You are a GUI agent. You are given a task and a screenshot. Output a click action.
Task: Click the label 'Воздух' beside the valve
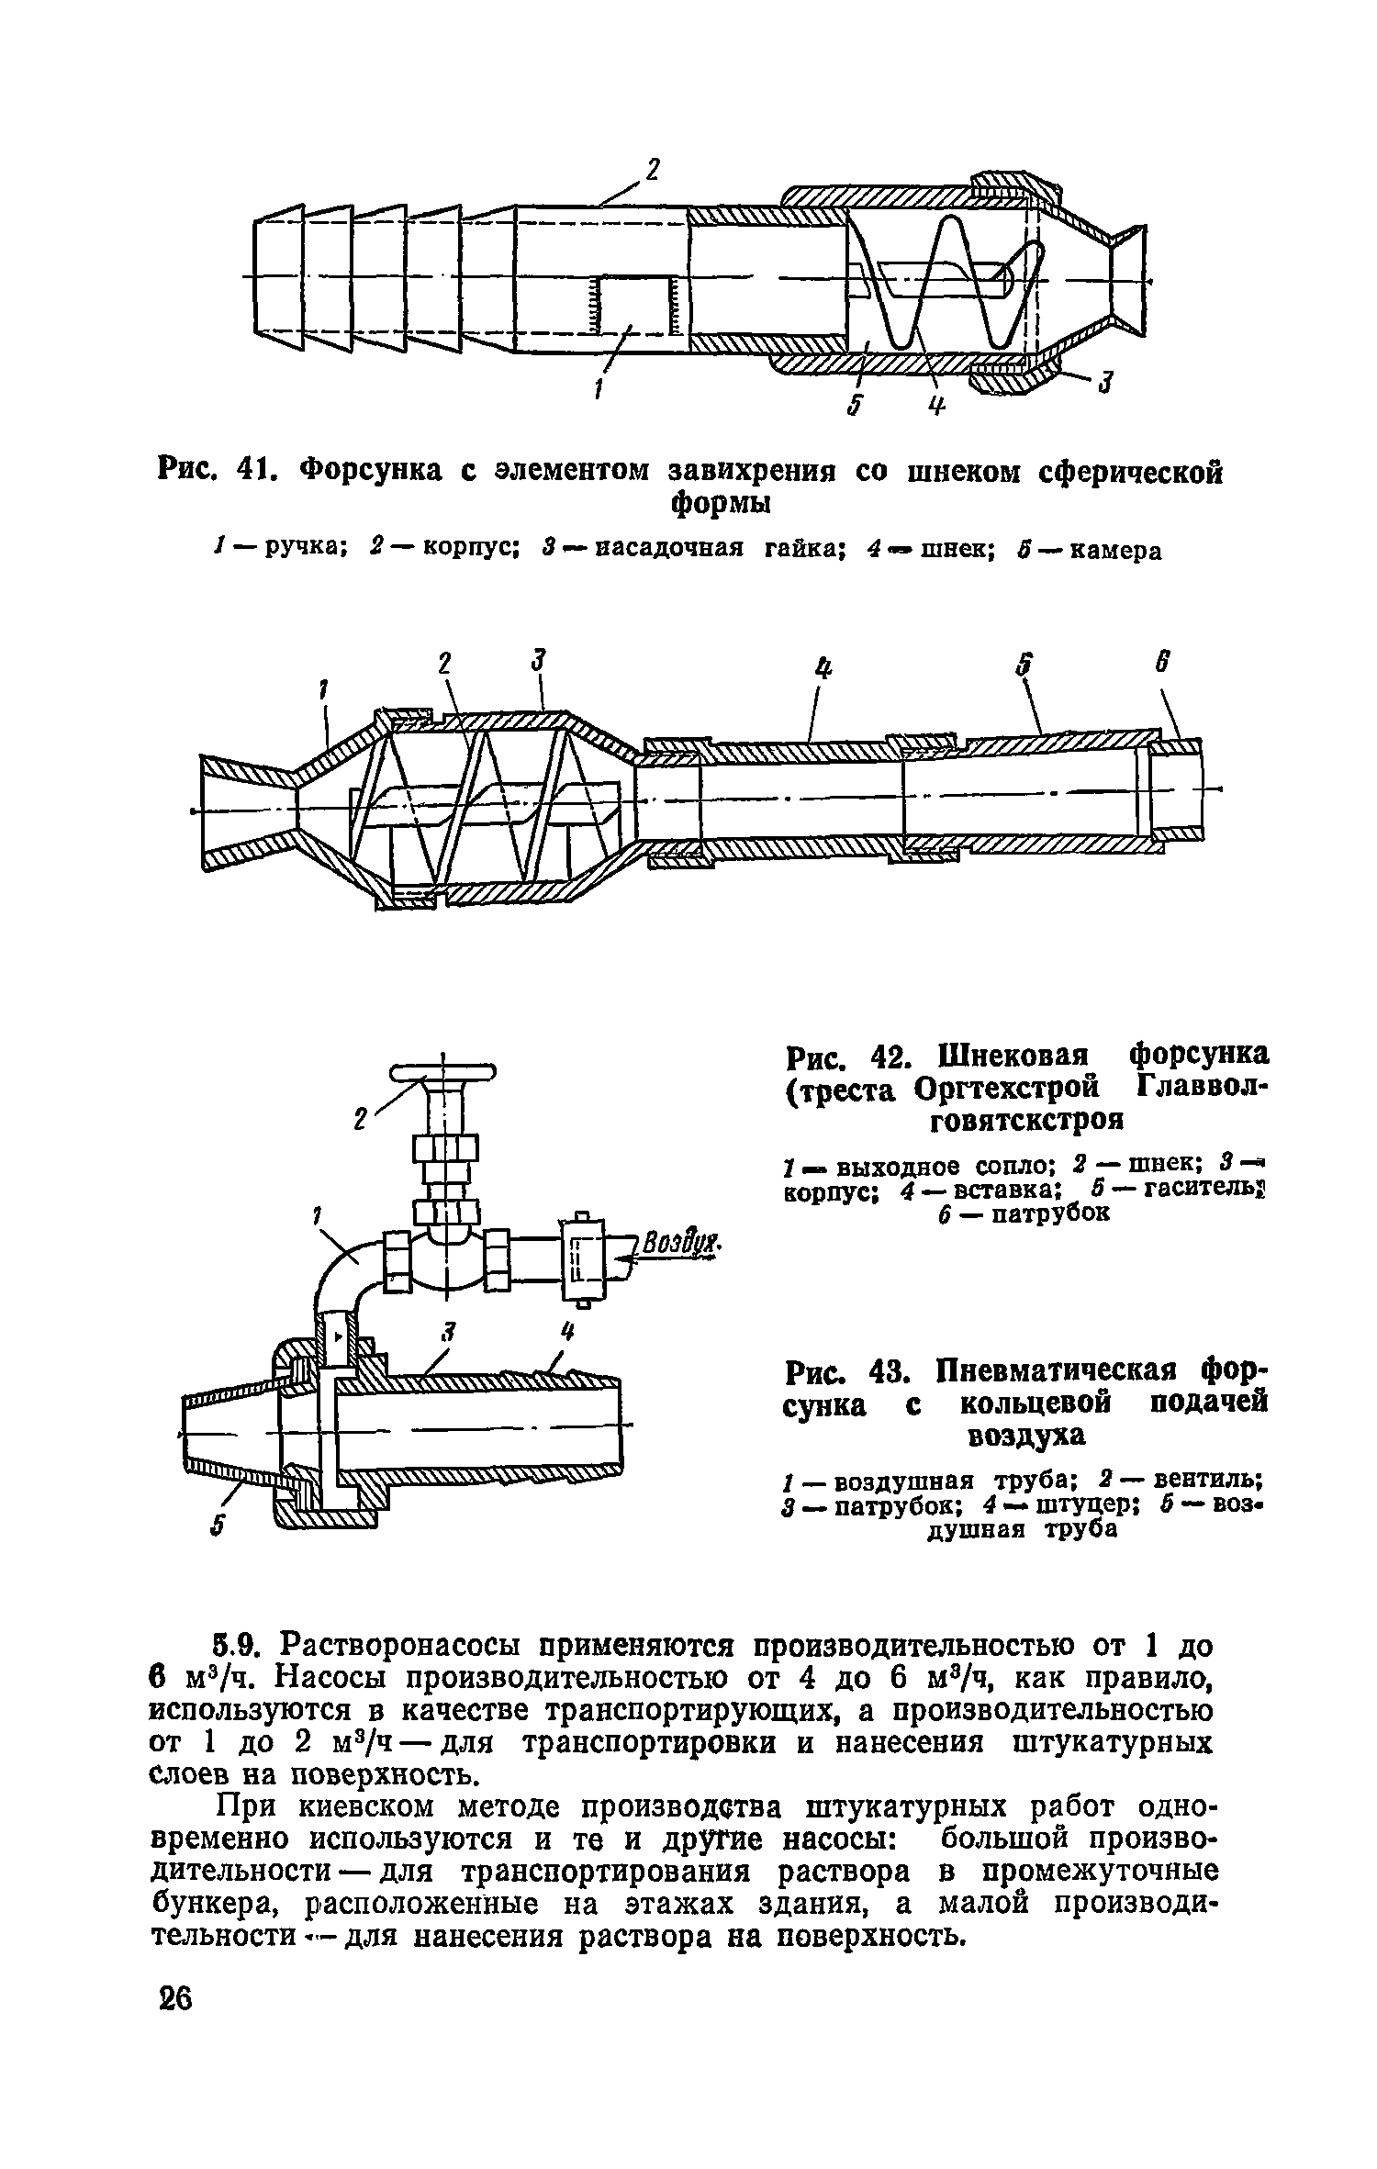678,1247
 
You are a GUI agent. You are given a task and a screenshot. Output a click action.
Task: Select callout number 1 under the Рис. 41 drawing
598,390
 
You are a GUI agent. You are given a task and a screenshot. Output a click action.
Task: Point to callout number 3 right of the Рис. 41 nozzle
1106,381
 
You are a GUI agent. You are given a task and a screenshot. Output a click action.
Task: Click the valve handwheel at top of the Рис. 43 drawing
442,1073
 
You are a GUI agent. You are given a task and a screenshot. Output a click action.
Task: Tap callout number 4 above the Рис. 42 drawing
822,671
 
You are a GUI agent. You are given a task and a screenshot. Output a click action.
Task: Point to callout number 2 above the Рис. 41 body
653,171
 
